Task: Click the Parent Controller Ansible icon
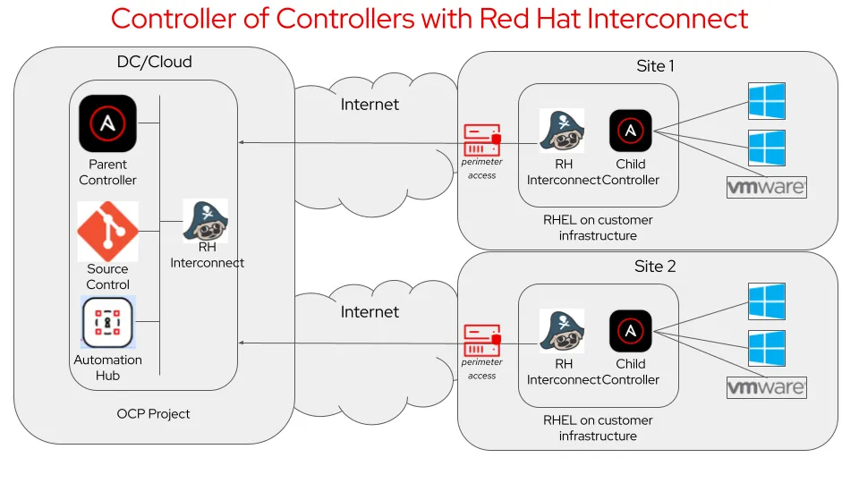tap(107, 123)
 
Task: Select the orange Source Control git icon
tap(107, 231)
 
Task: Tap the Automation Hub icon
tap(107, 323)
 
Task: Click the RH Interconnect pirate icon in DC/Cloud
tap(206, 220)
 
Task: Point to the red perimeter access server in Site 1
tap(481, 140)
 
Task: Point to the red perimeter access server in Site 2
tap(481, 340)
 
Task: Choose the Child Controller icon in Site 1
tap(630, 131)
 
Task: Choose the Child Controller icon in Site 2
tap(630, 331)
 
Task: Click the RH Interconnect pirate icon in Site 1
tap(562, 131)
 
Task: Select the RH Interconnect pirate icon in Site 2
tap(562, 331)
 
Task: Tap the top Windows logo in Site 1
tap(766, 101)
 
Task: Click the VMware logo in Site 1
tap(766, 188)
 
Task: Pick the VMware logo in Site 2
tap(766, 388)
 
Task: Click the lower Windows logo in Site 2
tap(766, 349)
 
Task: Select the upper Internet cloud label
tap(370, 105)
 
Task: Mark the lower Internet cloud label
tap(370, 312)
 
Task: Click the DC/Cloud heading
tap(155, 63)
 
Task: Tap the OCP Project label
tap(153, 414)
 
